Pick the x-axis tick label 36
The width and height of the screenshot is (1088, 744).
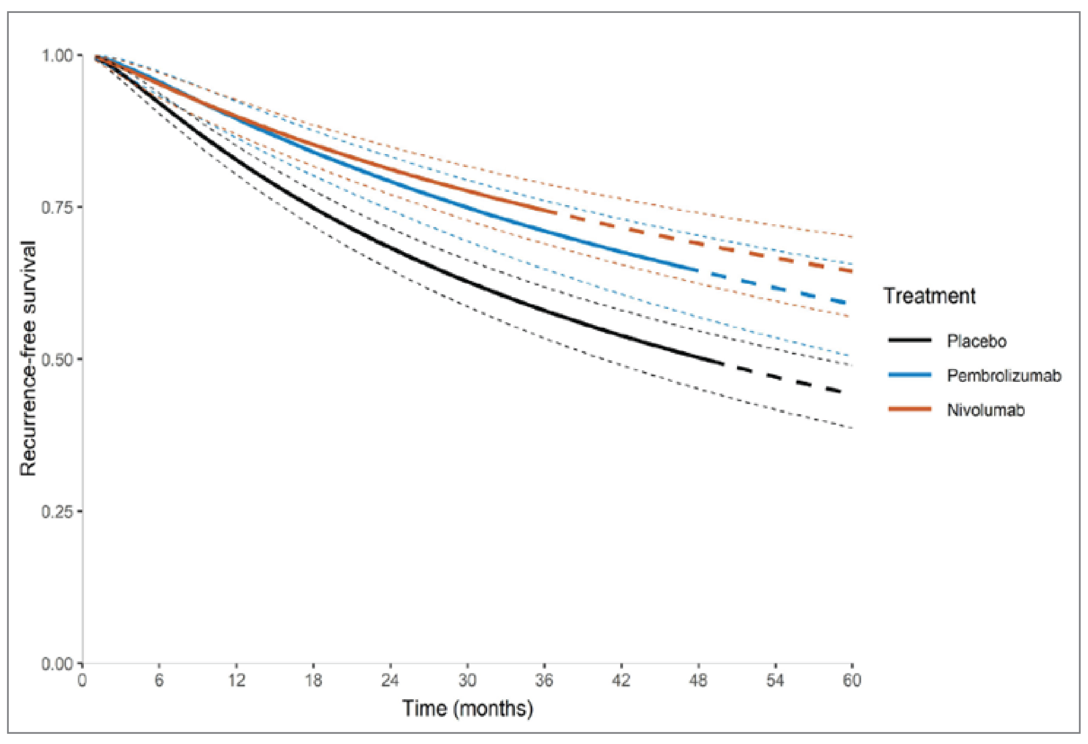(544, 680)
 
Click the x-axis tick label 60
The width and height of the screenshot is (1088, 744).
(852, 680)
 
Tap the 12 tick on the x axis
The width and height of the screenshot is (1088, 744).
(237, 680)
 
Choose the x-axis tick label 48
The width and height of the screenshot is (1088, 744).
(698, 680)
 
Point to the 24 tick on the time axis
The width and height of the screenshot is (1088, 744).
(390, 680)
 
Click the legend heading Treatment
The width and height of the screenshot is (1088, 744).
(929, 296)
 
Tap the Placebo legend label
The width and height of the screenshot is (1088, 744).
(976, 341)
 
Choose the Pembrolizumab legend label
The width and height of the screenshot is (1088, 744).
(1004, 375)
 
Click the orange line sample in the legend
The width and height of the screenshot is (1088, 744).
(909, 409)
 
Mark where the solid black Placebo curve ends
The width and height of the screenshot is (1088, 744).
(723, 364)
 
